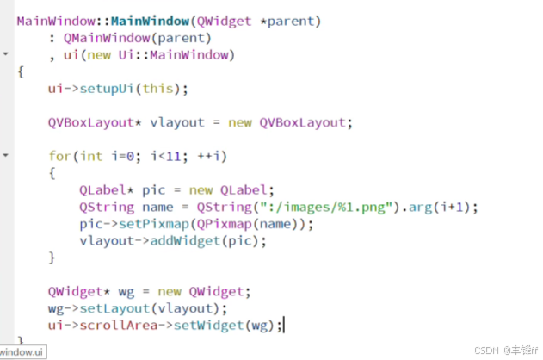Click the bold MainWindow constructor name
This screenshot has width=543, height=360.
point(150,22)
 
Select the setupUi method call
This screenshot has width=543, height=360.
point(107,89)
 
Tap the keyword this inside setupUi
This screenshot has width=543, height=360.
point(158,89)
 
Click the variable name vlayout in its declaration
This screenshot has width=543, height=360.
point(177,122)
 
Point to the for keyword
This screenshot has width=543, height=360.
point(59,156)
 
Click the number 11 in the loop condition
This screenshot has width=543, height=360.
point(174,157)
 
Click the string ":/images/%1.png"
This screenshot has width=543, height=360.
point(326,208)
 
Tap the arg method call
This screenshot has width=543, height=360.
point(421,208)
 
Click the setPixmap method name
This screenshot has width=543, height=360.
point(154,224)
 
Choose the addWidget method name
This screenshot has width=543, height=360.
point(185,241)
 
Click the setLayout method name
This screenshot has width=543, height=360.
point(114,308)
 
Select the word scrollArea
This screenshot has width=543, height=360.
point(119,326)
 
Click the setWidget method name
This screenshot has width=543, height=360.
point(209,326)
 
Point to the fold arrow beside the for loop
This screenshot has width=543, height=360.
point(5,156)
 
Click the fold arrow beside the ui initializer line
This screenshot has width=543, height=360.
point(5,53)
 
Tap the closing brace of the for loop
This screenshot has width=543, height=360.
point(52,258)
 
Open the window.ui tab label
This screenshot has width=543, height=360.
point(22,352)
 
